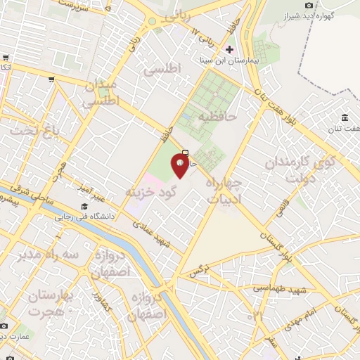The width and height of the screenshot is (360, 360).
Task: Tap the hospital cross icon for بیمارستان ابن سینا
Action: point(229,49)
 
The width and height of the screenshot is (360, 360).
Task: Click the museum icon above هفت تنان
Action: point(345,117)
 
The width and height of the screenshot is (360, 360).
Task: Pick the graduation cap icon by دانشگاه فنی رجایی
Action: point(84,207)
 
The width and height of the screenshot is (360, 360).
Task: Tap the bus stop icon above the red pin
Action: point(185,153)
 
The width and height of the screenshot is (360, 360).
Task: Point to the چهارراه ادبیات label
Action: point(224,190)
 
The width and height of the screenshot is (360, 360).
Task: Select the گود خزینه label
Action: point(148,191)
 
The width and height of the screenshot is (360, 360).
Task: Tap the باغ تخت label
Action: point(31,130)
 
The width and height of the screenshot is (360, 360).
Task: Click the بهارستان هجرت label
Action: point(58,304)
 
